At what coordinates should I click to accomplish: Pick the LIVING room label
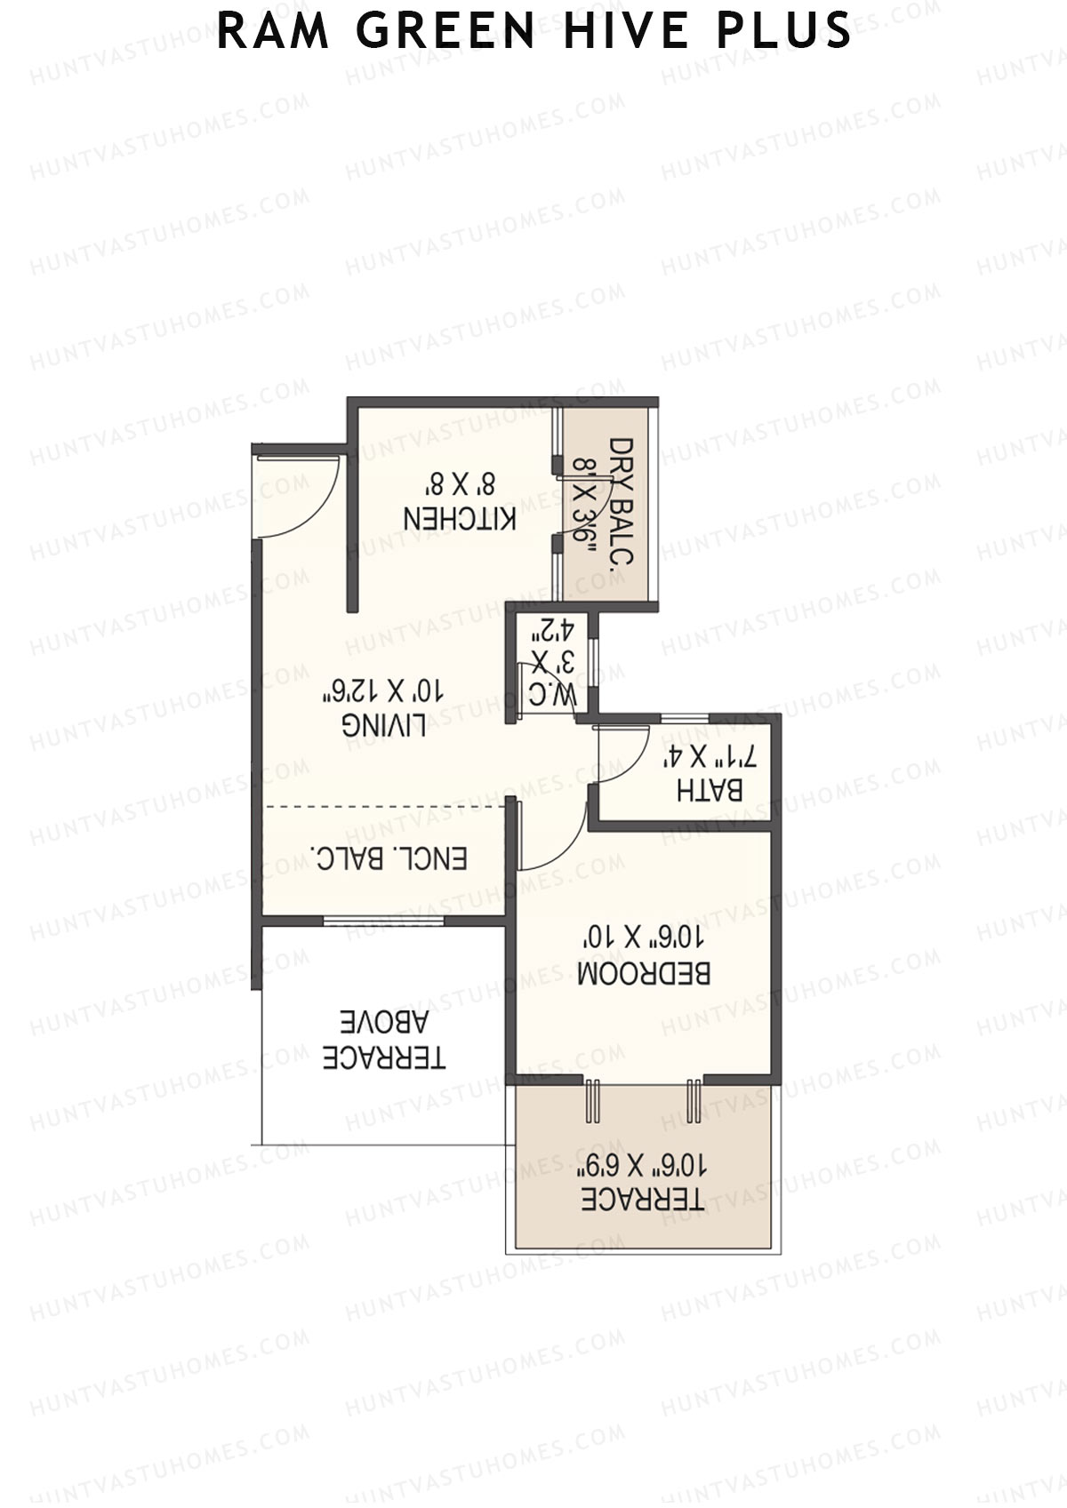(x=383, y=726)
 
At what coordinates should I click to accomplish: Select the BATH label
(x=710, y=790)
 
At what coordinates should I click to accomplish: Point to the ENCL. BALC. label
(x=389, y=859)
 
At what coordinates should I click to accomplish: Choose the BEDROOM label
(x=644, y=973)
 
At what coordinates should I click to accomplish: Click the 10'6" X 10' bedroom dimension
(x=644, y=938)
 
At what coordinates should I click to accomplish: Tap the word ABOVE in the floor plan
(x=384, y=1023)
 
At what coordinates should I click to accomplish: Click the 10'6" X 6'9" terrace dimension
(x=643, y=1164)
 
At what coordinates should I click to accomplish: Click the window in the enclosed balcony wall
(x=383, y=921)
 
